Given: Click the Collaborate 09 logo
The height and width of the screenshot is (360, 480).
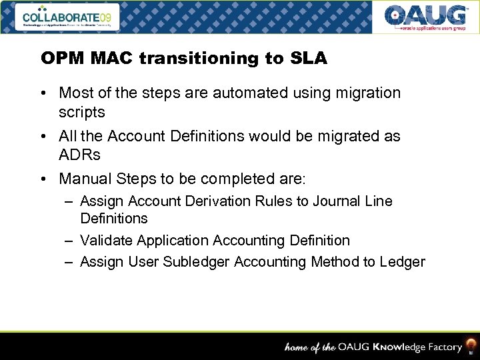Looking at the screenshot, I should coord(69,17).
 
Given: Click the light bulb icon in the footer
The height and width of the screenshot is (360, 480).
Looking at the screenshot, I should coord(470,346).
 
